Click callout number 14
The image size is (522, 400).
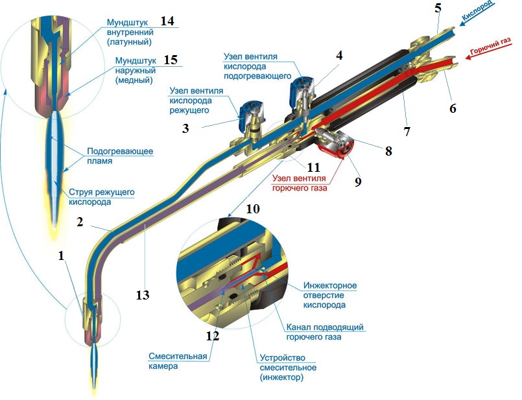tap(168, 21)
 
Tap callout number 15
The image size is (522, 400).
tap(171, 60)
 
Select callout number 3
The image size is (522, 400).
tap(186, 128)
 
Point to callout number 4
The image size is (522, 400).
tap(338, 56)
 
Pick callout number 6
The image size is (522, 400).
tap(453, 108)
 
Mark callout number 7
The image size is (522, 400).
tap(407, 132)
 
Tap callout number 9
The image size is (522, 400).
tap(357, 182)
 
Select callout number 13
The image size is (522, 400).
tap(143, 295)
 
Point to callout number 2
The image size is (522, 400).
tap(79, 222)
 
